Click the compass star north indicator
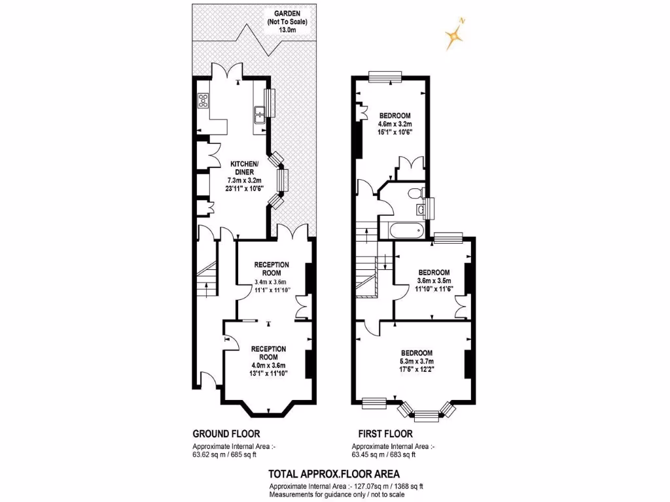453,36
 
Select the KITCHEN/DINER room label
243,167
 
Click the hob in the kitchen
203,101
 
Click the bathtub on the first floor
405,231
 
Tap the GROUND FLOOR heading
226,433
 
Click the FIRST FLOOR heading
385,433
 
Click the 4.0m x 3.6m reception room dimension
270,365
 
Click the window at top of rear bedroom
384,78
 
